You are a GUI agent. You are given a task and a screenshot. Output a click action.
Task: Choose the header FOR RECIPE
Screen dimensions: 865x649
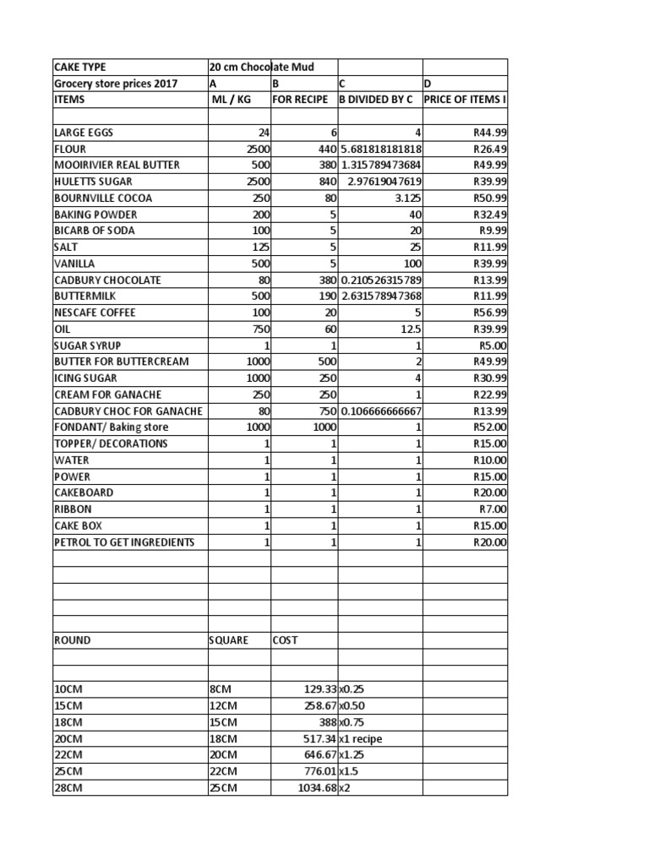pyautogui.click(x=300, y=99)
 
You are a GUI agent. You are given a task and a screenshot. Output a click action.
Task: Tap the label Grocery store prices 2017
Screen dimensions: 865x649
pyautogui.click(x=116, y=83)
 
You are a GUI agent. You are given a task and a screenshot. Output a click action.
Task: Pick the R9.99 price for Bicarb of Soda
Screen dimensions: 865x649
pyautogui.click(x=493, y=231)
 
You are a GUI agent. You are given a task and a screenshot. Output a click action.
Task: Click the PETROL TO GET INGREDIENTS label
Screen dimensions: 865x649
pyautogui.click(x=124, y=542)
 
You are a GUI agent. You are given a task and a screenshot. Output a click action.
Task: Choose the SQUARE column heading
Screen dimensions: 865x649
pyautogui.click(x=229, y=640)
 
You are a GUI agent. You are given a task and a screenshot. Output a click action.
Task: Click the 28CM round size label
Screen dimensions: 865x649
pyautogui.click(x=68, y=788)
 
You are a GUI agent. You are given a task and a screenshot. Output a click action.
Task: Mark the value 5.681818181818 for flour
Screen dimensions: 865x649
pyautogui.click(x=380, y=149)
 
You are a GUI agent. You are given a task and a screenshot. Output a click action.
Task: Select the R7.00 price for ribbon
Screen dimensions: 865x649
pyautogui.click(x=493, y=509)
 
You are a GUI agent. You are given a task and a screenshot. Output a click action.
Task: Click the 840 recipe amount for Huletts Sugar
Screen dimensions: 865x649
pyautogui.click(x=325, y=182)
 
